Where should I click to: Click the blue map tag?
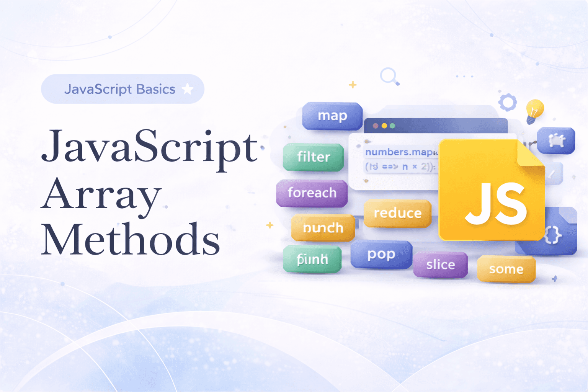(x=332, y=116)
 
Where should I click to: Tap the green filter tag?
(x=314, y=157)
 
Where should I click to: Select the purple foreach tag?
(x=312, y=193)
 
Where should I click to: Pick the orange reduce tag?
(x=397, y=213)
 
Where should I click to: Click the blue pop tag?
(x=381, y=255)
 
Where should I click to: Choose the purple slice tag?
(x=441, y=265)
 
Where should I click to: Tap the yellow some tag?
(x=506, y=269)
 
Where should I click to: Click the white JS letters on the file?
(x=496, y=204)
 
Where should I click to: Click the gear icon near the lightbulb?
(x=508, y=102)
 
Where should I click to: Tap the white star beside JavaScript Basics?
(x=188, y=89)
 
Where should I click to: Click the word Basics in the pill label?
(x=155, y=89)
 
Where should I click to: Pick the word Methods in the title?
(x=131, y=239)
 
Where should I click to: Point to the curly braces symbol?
(x=553, y=235)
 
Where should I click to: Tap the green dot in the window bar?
(x=392, y=126)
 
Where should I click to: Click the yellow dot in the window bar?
(x=384, y=126)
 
